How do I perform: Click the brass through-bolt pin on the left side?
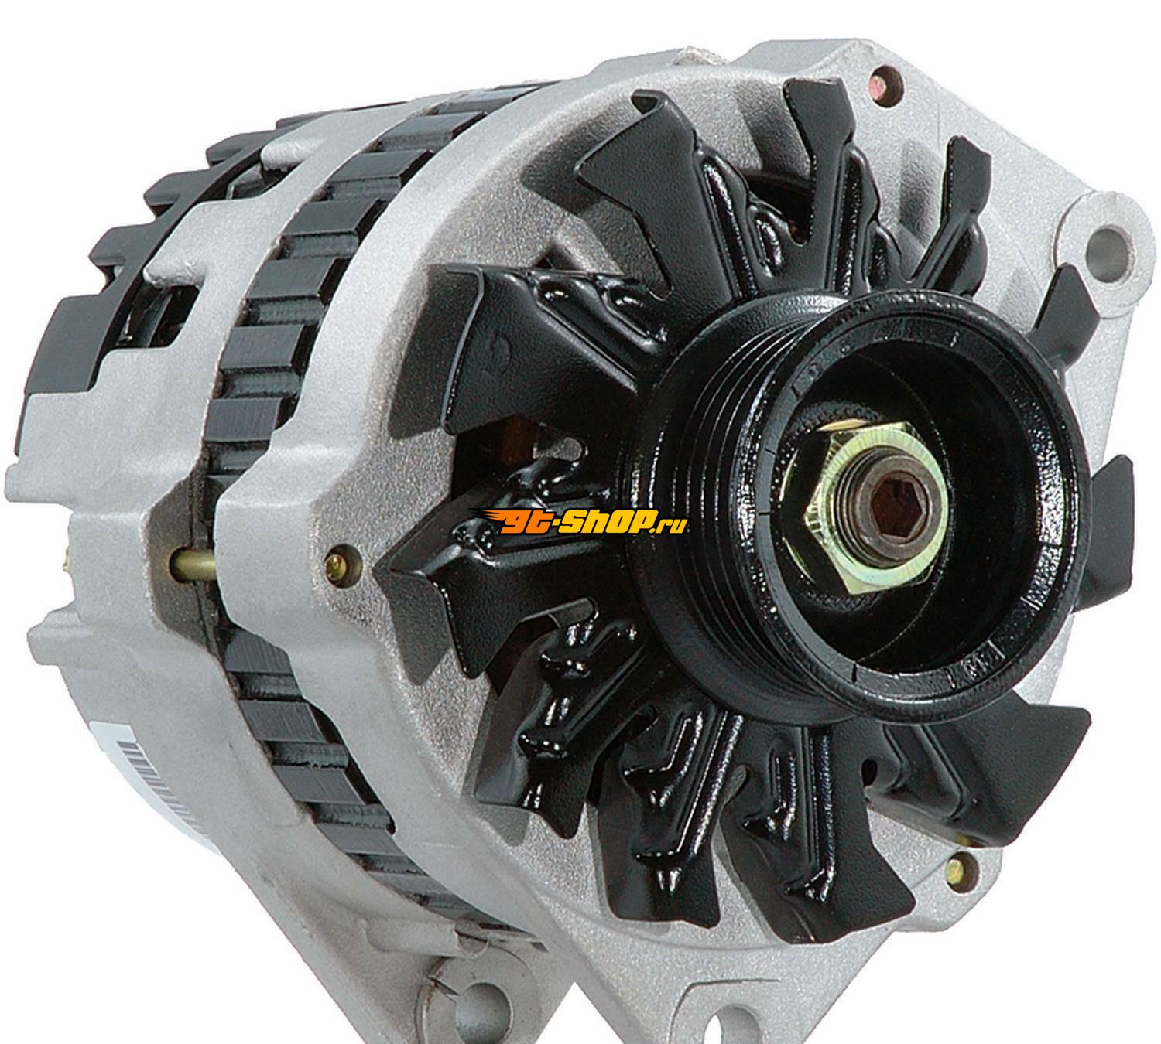[x=192, y=561]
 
